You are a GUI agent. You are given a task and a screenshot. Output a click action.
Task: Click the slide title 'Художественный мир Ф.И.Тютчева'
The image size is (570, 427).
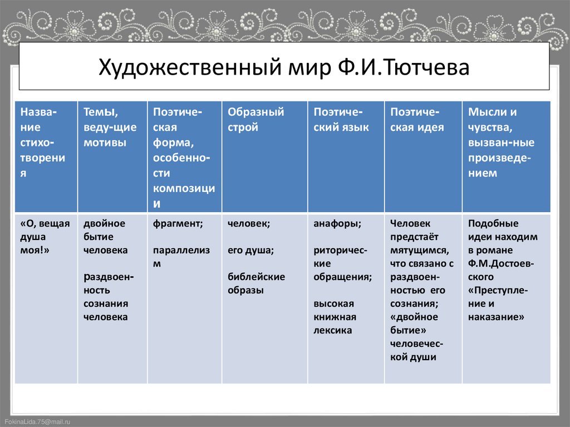tap(284, 68)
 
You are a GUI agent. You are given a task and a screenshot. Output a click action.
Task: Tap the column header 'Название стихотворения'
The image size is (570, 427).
tap(43, 143)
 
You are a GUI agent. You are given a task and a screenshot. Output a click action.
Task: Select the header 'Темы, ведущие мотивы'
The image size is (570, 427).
tap(110, 127)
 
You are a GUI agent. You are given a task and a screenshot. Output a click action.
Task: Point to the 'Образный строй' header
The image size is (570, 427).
tap(255, 119)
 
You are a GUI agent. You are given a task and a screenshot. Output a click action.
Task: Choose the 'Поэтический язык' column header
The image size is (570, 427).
tap(341, 119)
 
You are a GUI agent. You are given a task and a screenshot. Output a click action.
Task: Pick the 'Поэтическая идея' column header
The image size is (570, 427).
tap(417, 119)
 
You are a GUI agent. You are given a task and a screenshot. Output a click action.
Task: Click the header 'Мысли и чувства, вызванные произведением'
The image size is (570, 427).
tap(501, 143)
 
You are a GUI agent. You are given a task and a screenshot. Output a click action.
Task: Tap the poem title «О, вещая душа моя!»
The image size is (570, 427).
tap(45, 237)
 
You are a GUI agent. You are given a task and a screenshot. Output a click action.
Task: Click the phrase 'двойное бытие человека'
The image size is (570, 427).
tap(106, 237)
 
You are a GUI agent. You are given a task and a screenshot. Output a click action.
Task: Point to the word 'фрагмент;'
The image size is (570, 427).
tap(178, 223)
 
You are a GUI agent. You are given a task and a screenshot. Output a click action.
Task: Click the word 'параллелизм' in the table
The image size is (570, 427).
tap(181, 257)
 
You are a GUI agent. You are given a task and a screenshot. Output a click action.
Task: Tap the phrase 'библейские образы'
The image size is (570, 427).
tap(256, 283)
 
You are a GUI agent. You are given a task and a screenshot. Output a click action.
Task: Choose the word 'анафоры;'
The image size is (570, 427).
tap(337, 223)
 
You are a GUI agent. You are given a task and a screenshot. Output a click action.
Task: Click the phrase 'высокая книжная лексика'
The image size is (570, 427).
tap(335, 317)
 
